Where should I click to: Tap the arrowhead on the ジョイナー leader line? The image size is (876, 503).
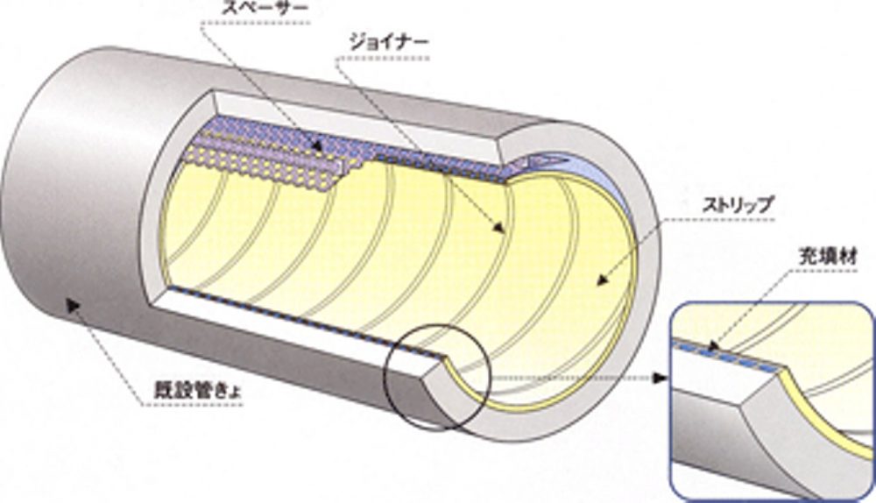point(499,230)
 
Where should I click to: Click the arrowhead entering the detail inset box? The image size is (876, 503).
point(660,378)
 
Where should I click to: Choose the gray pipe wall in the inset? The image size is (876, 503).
point(727,438)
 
